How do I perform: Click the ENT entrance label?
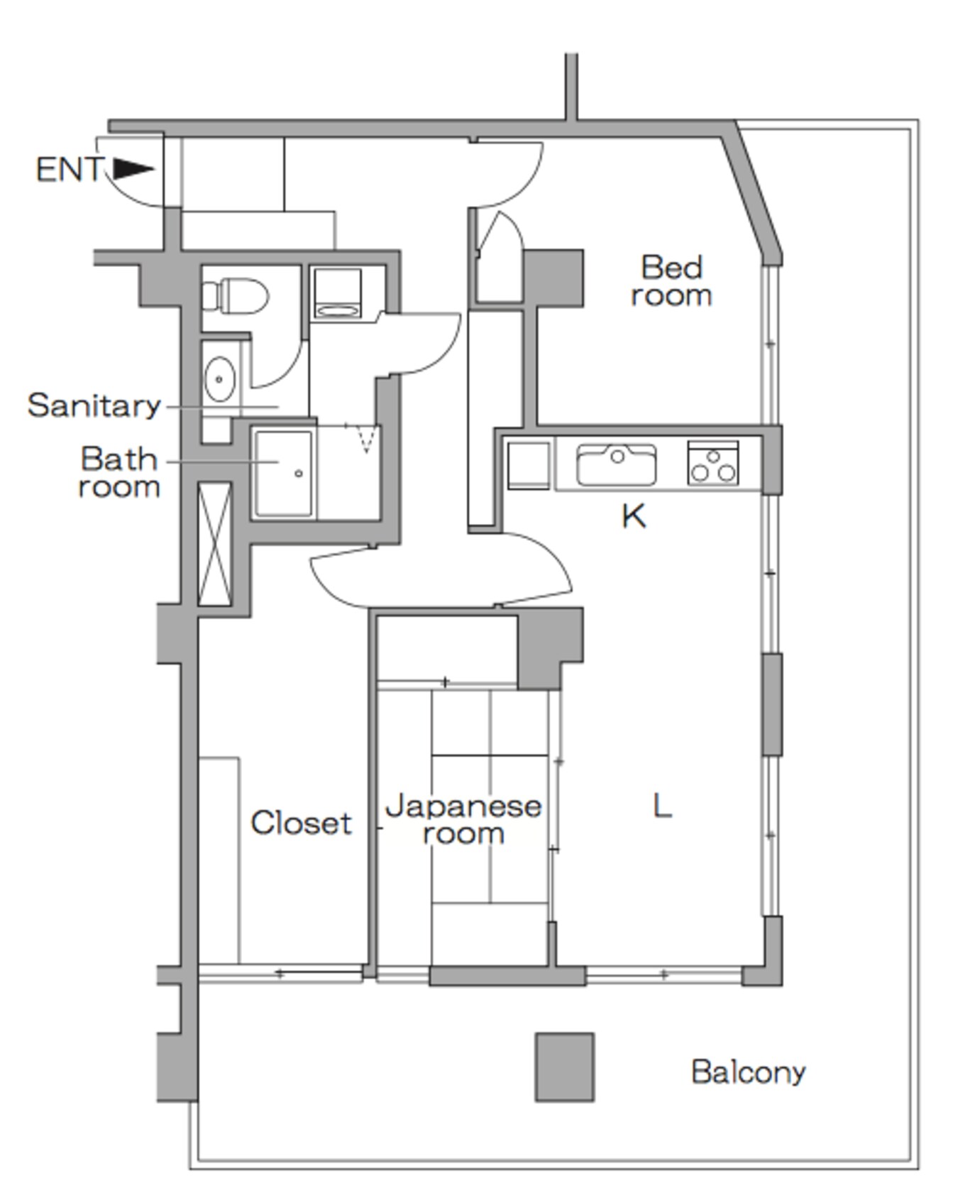click(x=69, y=170)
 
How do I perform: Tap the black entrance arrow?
click(x=133, y=169)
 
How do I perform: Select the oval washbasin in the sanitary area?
click(x=220, y=379)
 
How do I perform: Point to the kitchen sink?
click(x=616, y=464)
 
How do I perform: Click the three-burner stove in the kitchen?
click(x=713, y=463)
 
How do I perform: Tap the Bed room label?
click(x=671, y=281)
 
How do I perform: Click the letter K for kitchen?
click(x=634, y=516)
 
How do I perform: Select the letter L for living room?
click(x=661, y=806)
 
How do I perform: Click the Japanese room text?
click(x=463, y=819)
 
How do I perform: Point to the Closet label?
click(x=301, y=823)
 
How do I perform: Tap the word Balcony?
click(x=749, y=1072)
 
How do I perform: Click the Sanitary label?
click(x=94, y=405)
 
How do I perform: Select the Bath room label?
click(x=119, y=473)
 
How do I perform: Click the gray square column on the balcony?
click(x=565, y=1067)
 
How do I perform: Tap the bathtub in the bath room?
click(x=284, y=473)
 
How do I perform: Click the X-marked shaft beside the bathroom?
click(x=215, y=544)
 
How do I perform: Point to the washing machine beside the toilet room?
click(x=338, y=293)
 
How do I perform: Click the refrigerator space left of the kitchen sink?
click(x=529, y=466)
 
